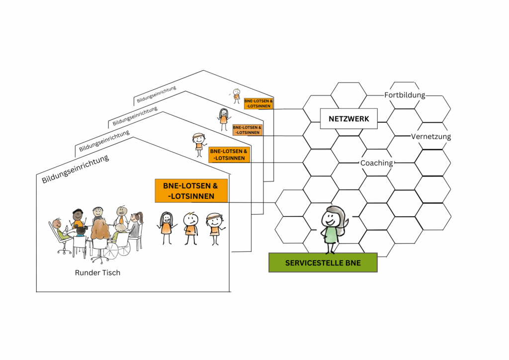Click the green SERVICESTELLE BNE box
[323, 263]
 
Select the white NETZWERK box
[348, 119]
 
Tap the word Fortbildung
[405, 95]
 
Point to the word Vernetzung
[431, 137]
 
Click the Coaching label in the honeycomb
[376, 163]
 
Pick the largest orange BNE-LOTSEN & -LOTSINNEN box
[191, 191]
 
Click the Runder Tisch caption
[97, 272]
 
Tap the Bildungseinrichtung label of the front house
[75, 169]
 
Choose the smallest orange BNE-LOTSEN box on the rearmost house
[258, 103]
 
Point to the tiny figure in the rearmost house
[237, 96]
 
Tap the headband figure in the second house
[199, 143]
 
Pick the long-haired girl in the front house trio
[166, 228]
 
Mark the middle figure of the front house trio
[190, 228]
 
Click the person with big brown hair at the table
[100, 231]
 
